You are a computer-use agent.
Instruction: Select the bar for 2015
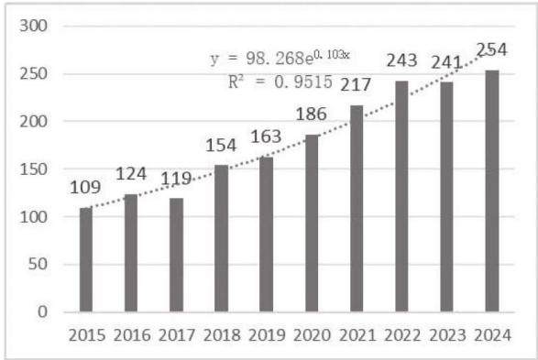click(x=86, y=259)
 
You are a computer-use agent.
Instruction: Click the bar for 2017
click(x=176, y=255)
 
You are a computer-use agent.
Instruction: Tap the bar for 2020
click(x=312, y=224)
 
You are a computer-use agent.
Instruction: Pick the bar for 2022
click(x=401, y=196)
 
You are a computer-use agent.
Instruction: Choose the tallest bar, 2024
click(x=492, y=191)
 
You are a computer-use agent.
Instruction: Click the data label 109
click(x=85, y=188)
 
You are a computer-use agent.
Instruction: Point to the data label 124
click(x=131, y=174)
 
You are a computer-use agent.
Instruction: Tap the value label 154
click(x=221, y=146)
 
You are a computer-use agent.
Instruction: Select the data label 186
click(x=312, y=115)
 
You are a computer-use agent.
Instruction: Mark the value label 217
click(x=356, y=84)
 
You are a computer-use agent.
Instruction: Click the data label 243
click(x=402, y=60)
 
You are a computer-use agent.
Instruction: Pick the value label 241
click(x=446, y=62)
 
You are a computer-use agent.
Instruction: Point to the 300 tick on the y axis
click(x=33, y=26)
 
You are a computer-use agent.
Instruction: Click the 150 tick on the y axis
click(x=33, y=169)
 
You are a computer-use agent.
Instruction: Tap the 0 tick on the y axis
click(x=42, y=312)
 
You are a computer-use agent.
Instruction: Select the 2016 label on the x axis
click(x=132, y=335)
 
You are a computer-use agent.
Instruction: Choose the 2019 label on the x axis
click(x=267, y=335)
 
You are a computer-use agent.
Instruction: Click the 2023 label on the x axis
click(x=447, y=335)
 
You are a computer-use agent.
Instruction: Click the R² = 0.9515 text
click(x=280, y=82)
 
